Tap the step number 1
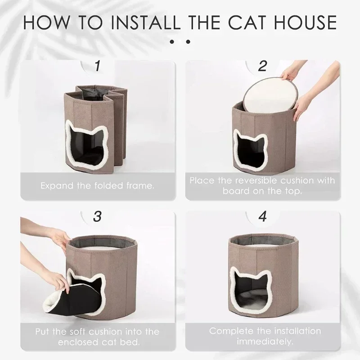pyautogui.click(x=98, y=66)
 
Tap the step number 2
pyautogui.click(x=262, y=66)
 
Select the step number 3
pyautogui.click(x=97, y=216)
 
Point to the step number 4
pyautogui.click(x=263, y=216)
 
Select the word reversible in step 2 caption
pyautogui.click(x=255, y=180)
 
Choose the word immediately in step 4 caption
pyautogui.click(x=265, y=342)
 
